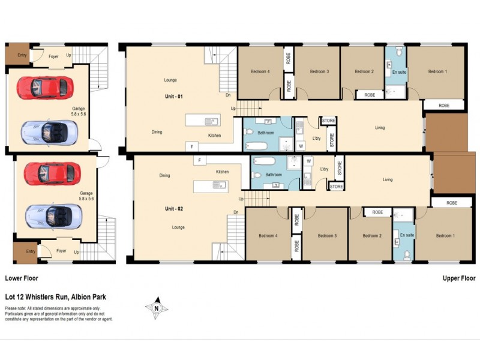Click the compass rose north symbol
coord(156,308)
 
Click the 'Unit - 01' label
coord(175,96)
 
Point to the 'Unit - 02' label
coord(174,208)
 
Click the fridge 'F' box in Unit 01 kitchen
coord(192,146)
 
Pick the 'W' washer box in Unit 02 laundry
coord(308,161)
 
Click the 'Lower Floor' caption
coord(22,278)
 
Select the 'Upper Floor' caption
coord(459,278)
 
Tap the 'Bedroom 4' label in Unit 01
coord(260,72)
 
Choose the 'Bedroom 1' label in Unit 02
coord(445,235)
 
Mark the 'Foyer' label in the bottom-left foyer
coord(61,251)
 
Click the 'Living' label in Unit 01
coord(380,127)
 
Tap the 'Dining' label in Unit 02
coord(164,176)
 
